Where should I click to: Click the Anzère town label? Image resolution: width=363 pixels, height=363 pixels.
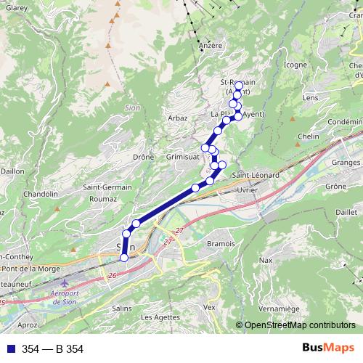209,45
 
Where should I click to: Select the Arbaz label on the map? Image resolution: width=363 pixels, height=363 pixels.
177,118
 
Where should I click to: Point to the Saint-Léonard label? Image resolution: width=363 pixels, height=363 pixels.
255,175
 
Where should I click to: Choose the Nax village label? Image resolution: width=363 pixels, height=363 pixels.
265,260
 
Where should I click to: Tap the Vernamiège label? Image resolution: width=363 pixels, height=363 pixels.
278,309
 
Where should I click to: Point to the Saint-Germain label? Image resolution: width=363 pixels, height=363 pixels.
107,187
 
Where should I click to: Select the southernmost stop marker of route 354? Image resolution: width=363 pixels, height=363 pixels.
123,258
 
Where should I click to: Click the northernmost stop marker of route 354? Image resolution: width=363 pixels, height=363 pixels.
239,86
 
